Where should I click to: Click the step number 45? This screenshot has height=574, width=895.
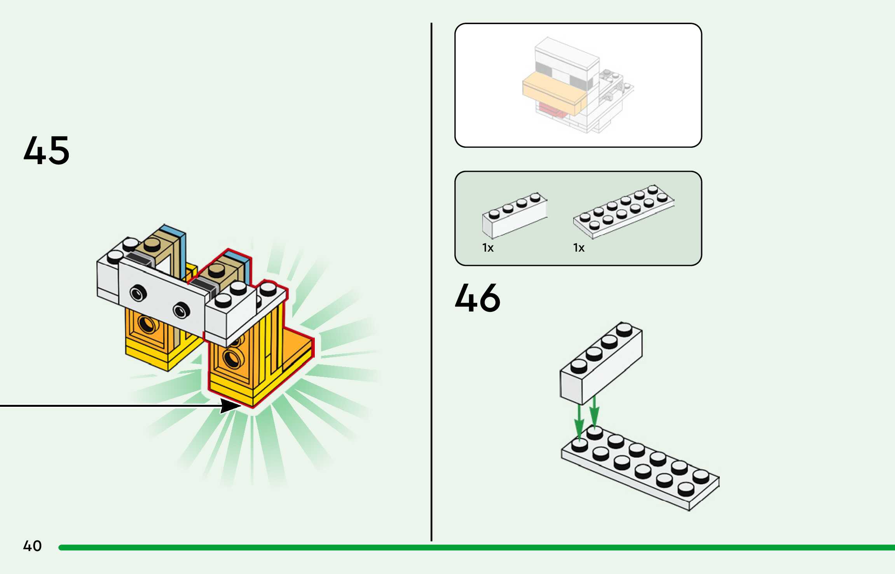pyautogui.click(x=47, y=150)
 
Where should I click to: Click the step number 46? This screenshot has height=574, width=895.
pyautogui.click(x=478, y=298)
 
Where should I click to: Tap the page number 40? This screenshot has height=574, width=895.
pyautogui.click(x=32, y=546)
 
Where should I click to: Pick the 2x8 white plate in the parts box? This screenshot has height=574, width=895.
pyautogui.click(x=624, y=212)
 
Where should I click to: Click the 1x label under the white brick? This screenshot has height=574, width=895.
pyautogui.click(x=488, y=248)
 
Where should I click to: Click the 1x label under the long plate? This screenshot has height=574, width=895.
pyautogui.click(x=579, y=248)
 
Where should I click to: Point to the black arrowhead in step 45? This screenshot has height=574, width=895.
pyautogui.click(x=230, y=406)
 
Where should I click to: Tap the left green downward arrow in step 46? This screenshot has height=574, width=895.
pyautogui.click(x=579, y=424)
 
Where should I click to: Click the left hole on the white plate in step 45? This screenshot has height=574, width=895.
pyautogui.click(x=138, y=292)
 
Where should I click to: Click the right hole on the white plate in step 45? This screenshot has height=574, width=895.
pyautogui.click(x=181, y=310)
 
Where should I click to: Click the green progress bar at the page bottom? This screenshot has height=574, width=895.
pyautogui.click(x=466, y=548)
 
